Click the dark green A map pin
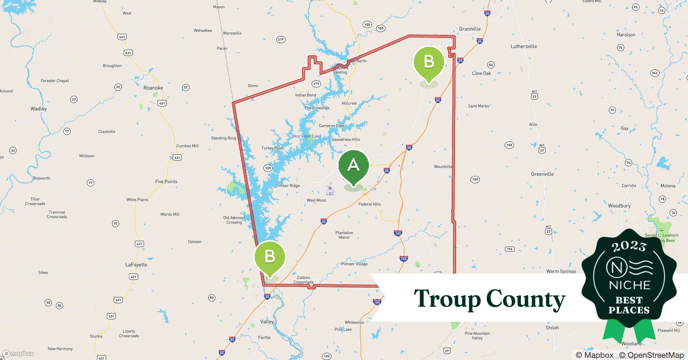pyautogui.click(x=353, y=166)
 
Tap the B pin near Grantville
pyautogui.click(x=429, y=62)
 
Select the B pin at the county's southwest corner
pyautogui.click(x=269, y=257)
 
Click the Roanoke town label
pyautogui.click(x=153, y=88)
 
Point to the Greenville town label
pyautogui.click(x=542, y=174)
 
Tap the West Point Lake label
pyautogui.click(x=306, y=136)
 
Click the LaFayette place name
pyautogui.click(x=136, y=265)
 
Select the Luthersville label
pyautogui.click(x=524, y=46)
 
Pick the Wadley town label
pyautogui.click(x=39, y=109)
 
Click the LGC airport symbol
pyautogui.click(x=330, y=188)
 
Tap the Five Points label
pyautogui.click(x=166, y=181)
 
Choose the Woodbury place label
pyautogui.click(x=619, y=206)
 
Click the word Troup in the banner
pyautogui.click(x=447, y=299)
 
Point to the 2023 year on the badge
pyautogui.click(x=629, y=246)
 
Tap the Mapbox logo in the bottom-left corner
pyautogui.click(x=18, y=354)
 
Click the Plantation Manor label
pyautogui.click(x=344, y=235)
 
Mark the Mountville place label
pyautogui.click(x=443, y=167)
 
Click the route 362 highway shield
pyautogui.click(x=655, y=73)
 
